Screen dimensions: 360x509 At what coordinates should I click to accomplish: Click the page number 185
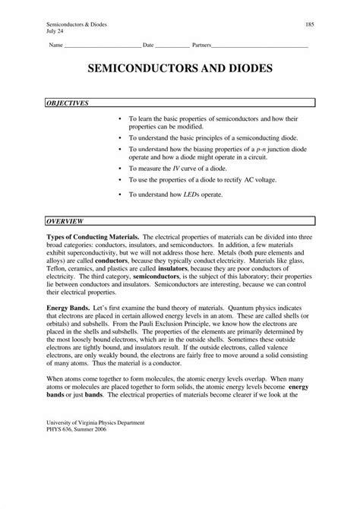point(309,25)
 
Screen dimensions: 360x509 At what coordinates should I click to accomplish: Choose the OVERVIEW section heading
point(65,221)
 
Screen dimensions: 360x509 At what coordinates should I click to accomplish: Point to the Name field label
point(56,46)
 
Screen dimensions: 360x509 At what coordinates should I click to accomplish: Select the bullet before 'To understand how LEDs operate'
point(121,194)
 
